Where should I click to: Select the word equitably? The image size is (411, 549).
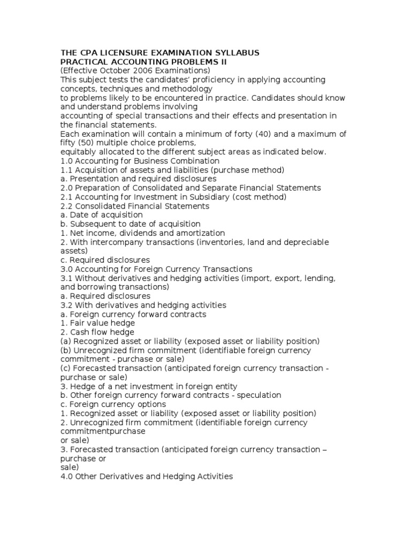click(x=80, y=152)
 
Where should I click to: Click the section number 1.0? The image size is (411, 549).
click(x=67, y=161)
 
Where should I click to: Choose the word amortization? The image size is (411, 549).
click(x=201, y=233)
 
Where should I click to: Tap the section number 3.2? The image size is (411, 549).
click(x=67, y=305)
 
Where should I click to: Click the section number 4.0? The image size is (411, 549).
click(x=67, y=476)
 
